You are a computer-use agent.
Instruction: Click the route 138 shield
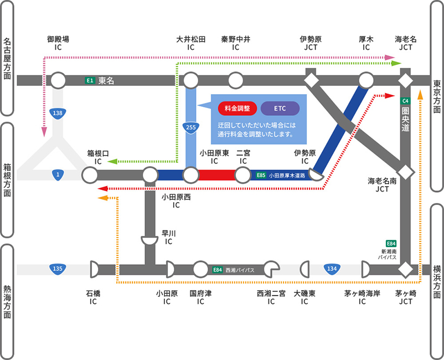click(x=58, y=114)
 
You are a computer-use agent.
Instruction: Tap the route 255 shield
click(x=191, y=127)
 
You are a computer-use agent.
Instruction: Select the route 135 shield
click(x=58, y=268)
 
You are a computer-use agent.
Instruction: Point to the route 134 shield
click(x=332, y=268)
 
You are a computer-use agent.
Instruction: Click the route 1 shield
click(x=58, y=175)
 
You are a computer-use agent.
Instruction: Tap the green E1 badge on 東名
click(x=90, y=80)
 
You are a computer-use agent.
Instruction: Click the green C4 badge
click(x=405, y=101)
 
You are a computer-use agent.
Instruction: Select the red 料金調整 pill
click(x=238, y=108)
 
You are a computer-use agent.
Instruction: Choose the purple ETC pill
click(x=280, y=108)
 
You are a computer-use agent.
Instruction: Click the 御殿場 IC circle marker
click(x=58, y=80)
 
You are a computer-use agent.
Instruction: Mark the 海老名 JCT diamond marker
click(x=405, y=80)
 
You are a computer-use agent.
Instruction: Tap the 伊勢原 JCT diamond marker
click(x=311, y=80)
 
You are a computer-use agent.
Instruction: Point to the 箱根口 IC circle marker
click(x=90, y=175)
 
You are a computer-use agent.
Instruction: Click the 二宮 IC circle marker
click(x=242, y=175)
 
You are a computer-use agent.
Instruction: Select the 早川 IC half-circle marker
click(x=149, y=241)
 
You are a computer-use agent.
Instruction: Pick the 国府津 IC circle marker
click(x=200, y=269)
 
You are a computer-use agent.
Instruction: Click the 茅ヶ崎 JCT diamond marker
click(x=405, y=269)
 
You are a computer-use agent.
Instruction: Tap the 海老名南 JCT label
click(x=382, y=184)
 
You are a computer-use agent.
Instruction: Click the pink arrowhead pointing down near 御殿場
click(x=44, y=132)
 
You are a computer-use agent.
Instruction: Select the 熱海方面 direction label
click(x=7, y=302)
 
